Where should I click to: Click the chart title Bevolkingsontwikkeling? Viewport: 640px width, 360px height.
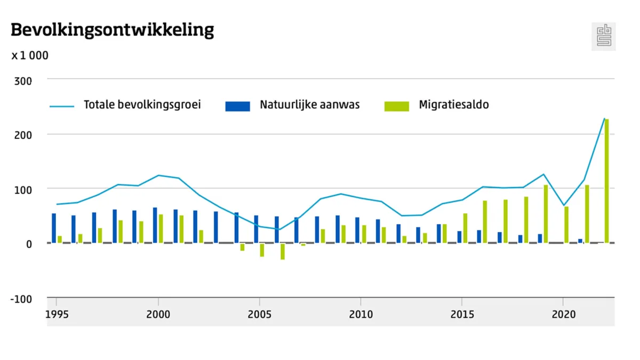112,30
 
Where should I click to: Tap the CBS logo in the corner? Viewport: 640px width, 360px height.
604,37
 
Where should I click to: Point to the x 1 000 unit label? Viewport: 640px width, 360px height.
30,55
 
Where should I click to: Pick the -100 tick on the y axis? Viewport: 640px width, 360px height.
21,299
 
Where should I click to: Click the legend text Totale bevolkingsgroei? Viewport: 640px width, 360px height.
142,105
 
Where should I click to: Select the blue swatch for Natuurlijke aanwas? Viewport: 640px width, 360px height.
237,106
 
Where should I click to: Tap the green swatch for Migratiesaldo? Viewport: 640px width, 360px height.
397,106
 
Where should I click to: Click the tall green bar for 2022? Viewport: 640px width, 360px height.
606,181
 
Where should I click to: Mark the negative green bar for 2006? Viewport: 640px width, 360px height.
283,251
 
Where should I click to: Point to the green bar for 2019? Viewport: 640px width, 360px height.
546,213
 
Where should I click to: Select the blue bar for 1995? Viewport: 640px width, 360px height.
54,228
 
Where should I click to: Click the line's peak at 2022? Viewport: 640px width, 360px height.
604,118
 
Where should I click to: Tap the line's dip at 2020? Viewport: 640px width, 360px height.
563,205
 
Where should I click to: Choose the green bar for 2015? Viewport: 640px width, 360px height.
465,228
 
